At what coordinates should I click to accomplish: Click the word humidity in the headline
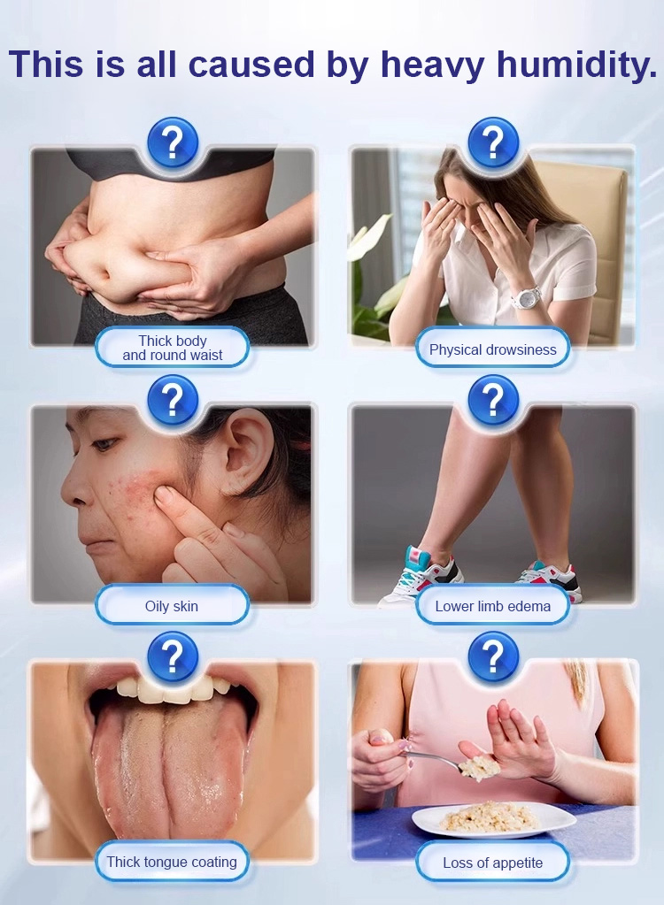(x=576, y=64)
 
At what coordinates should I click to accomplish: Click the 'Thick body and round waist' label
(x=172, y=348)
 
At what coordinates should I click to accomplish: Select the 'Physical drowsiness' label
(x=492, y=349)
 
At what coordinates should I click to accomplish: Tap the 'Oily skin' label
(x=172, y=605)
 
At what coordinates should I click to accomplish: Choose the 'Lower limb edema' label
(x=492, y=605)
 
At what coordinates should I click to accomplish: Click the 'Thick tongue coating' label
(x=172, y=861)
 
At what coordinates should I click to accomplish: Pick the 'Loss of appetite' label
(x=492, y=863)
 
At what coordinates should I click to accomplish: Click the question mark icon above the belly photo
(x=173, y=142)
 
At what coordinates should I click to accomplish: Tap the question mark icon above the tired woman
(x=493, y=142)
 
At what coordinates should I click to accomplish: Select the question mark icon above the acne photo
(x=173, y=399)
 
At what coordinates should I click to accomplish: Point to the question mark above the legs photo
(x=493, y=399)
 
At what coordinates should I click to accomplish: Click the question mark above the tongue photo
(x=173, y=656)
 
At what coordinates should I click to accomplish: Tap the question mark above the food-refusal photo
(x=493, y=656)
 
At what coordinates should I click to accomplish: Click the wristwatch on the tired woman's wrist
(x=526, y=297)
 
